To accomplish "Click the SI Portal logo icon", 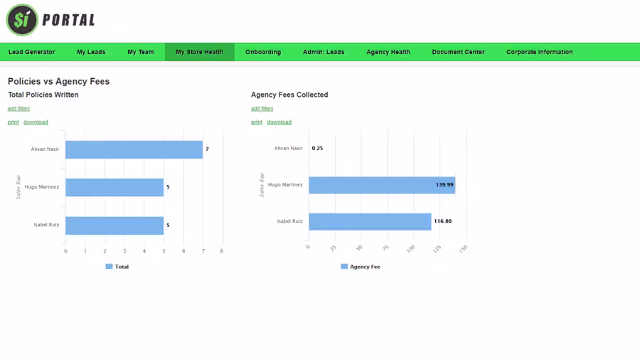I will pos(22,20).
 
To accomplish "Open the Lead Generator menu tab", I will pos(32,52).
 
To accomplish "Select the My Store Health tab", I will pos(199,52).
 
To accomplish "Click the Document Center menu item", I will pos(458,52).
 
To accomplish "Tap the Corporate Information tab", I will pos(539,52).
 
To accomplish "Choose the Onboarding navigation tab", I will pos(263,52).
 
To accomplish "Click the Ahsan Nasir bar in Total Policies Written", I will pos(134,149).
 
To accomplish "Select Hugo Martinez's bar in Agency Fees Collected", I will pos(381,185).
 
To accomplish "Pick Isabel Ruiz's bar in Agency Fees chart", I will pos(370,221).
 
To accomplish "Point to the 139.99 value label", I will pos(444,185).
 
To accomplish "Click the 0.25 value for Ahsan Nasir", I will pos(317,149).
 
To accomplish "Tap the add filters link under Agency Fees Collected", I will pos(262,109).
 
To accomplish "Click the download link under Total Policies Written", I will pos(36,122).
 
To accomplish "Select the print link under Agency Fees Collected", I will pos(256,122).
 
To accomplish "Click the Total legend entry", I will pos(117,267).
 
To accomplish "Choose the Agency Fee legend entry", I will pos(361,267).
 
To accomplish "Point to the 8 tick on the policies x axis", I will pos(221,251).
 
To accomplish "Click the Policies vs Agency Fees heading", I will pos(58,81).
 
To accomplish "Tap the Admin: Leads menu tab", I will pos(324,52).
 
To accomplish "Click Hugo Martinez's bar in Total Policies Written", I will pos(114,187).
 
